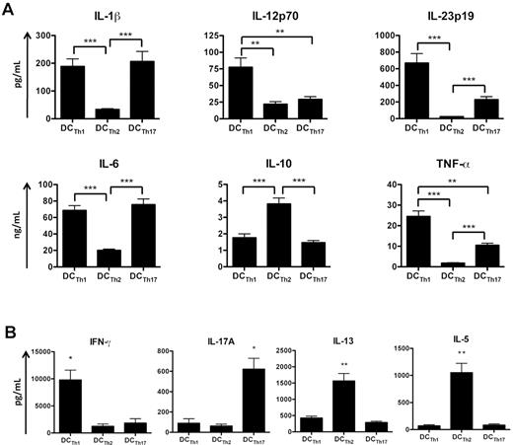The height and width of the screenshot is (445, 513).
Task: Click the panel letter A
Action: [x=9, y=9]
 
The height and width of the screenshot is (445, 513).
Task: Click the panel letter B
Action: [x=9, y=317]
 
